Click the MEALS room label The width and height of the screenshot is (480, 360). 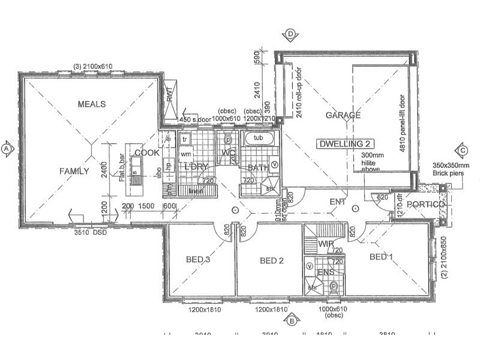(x=91, y=104)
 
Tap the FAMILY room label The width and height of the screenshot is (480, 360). (x=74, y=171)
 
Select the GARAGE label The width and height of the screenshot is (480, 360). (x=343, y=115)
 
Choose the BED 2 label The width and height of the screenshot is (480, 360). (x=271, y=260)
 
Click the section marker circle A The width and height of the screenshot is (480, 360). (x=7, y=148)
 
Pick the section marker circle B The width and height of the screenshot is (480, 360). (x=291, y=320)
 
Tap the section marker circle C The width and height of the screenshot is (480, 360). (x=463, y=150)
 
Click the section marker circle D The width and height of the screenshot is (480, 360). (x=290, y=34)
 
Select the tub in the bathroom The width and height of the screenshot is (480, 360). (x=259, y=139)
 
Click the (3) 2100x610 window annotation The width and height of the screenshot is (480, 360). (x=93, y=66)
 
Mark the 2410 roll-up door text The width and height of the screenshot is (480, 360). (x=297, y=91)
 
